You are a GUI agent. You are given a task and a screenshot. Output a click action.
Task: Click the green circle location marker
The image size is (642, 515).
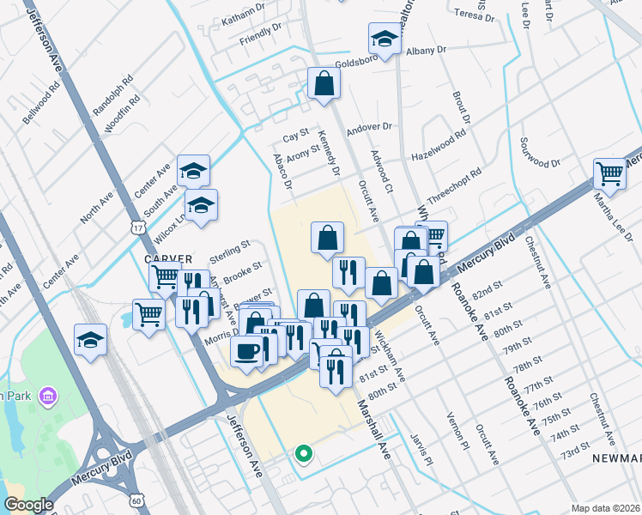[301, 453]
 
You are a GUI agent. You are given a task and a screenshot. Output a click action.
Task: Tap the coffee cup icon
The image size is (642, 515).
[246, 352]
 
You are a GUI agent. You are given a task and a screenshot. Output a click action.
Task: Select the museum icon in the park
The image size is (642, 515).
[48, 396]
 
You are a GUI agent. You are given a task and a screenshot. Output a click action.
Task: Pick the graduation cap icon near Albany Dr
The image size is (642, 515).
[385, 39]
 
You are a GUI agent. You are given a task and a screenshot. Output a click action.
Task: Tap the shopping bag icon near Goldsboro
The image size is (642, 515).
[324, 83]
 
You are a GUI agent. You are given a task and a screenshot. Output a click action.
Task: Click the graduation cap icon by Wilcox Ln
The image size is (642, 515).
[201, 205]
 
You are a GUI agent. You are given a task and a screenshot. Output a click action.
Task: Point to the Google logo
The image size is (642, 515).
[28, 505]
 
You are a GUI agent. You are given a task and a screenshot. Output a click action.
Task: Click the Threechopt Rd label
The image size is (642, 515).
[454, 184]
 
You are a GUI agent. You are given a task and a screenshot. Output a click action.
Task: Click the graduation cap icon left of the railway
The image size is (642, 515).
[90, 341]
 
